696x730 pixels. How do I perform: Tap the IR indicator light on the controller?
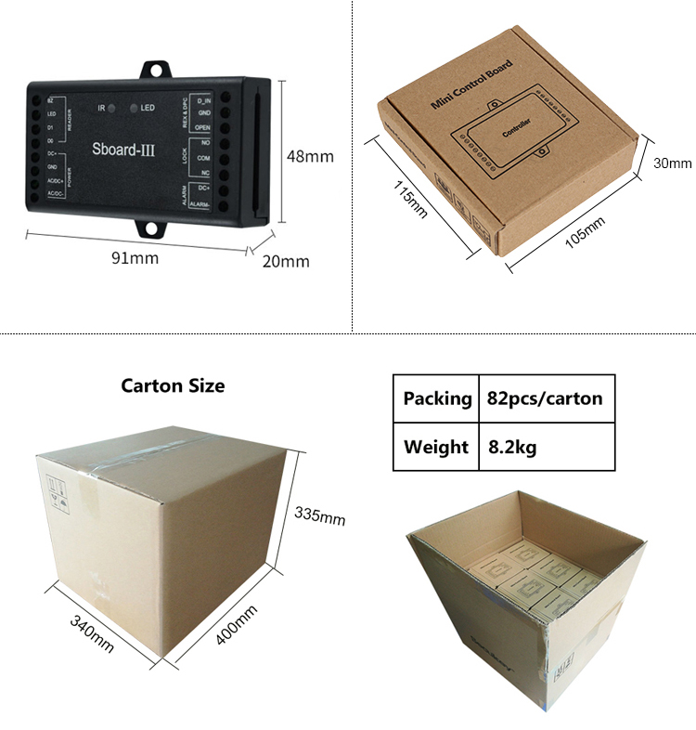[x=111, y=109]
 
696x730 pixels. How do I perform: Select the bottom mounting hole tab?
[x=155, y=228]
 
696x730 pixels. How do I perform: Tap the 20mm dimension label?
[x=286, y=261]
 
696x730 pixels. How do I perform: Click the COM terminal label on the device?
[x=203, y=158]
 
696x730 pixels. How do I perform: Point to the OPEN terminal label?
[x=203, y=126]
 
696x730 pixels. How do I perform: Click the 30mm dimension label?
[x=673, y=163]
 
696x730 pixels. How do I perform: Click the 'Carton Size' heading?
[x=173, y=385]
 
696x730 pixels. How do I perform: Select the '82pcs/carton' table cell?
[x=545, y=398]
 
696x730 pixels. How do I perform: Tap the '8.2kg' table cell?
[x=512, y=447]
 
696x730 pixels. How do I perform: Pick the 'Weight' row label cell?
[x=435, y=447]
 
